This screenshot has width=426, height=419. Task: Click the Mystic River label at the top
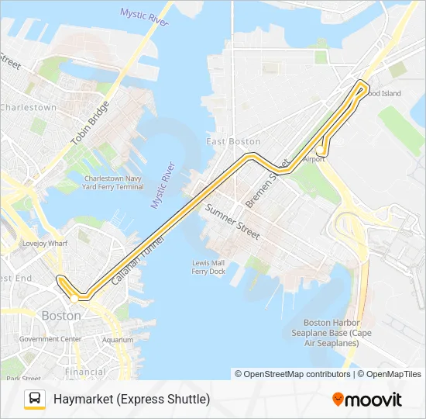145,17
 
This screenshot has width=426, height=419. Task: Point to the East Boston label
233,141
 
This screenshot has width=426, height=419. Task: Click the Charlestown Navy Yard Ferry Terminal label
113,182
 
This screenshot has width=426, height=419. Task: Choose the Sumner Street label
232,221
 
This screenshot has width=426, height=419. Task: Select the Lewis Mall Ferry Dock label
208,267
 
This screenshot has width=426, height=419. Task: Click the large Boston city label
61,316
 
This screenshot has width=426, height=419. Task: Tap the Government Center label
50,339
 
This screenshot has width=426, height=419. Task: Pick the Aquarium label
118,339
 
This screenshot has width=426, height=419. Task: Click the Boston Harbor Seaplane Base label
332,332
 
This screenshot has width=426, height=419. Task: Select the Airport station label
314,158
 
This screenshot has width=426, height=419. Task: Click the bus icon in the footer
35,400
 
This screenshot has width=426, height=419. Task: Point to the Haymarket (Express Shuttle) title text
132,400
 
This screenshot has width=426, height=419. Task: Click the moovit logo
367,400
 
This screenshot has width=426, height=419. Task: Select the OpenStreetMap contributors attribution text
293,374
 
